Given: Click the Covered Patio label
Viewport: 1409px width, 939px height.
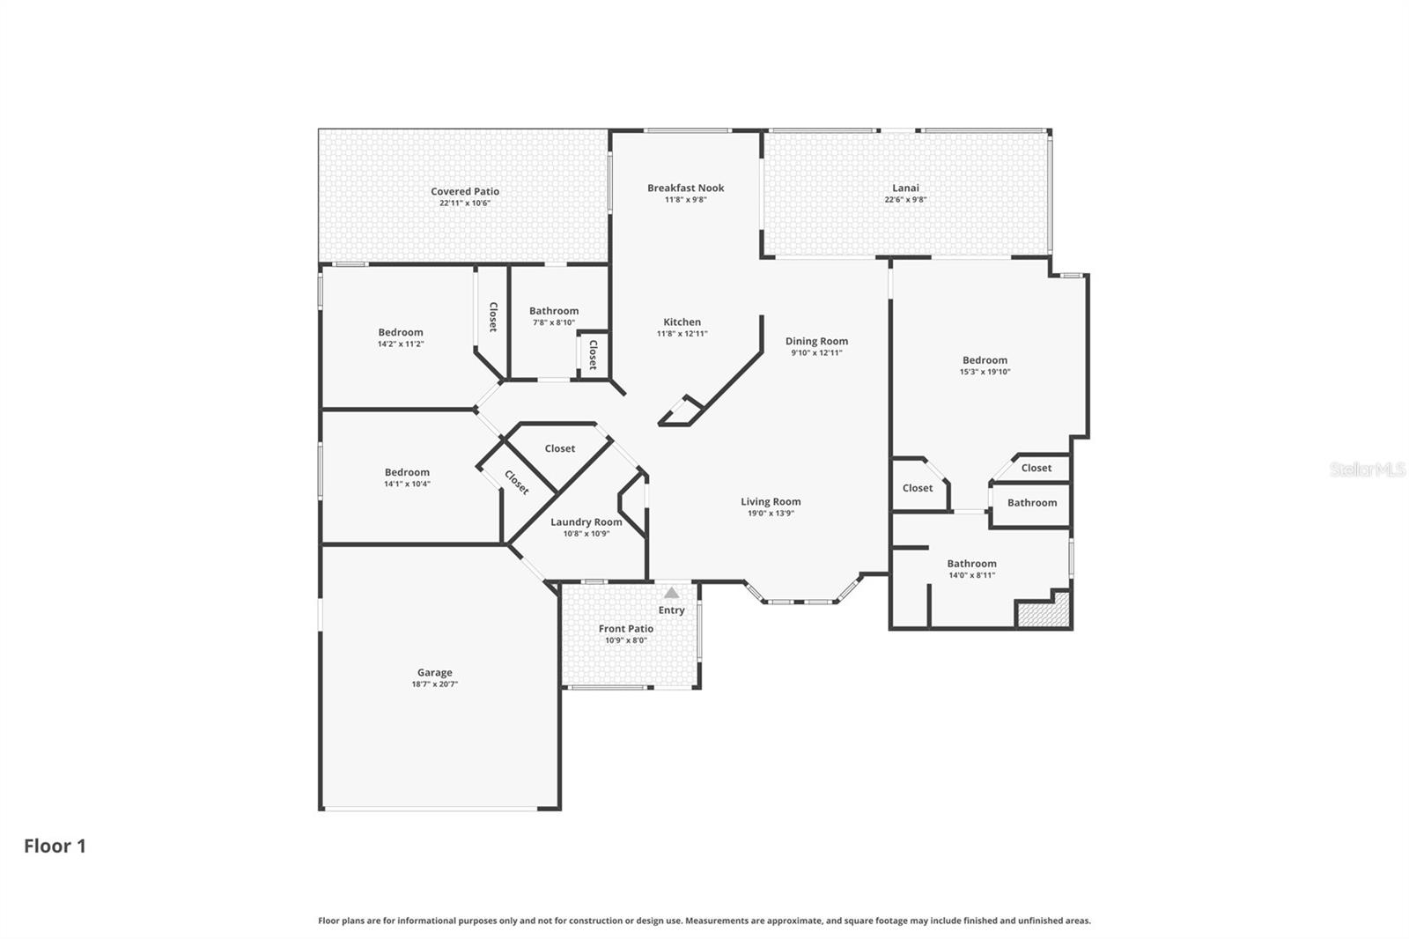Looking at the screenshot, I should click(x=464, y=191).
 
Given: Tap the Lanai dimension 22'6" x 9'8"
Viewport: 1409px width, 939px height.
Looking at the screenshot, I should click(x=905, y=200).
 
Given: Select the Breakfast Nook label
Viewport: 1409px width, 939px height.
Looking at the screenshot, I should click(x=685, y=188).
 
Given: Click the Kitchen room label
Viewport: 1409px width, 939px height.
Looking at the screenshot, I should click(x=682, y=322).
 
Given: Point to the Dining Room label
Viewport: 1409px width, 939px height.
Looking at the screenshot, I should click(x=816, y=341).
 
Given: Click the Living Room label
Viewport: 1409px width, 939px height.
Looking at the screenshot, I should click(x=771, y=501).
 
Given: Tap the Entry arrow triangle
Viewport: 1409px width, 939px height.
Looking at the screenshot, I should click(x=672, y=593).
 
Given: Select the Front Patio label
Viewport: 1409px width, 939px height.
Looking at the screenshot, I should click(x=625, y=629).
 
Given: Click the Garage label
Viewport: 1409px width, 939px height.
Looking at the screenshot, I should click(x=434, y=672).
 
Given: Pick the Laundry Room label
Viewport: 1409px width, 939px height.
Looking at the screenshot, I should click(x=586, y=521).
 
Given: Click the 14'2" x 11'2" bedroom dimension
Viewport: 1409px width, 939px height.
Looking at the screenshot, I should click(x=401, y=344).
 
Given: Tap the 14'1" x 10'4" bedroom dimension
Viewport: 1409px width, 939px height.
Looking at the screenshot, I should click(x=407, y=484).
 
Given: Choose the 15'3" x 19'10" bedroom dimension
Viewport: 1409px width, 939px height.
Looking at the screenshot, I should click(x=985, y=372).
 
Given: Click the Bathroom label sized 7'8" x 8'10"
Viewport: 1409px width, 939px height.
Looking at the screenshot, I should click(x=553, y=311).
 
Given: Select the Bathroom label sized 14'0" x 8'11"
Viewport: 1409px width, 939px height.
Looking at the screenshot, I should click(x=971, y=564).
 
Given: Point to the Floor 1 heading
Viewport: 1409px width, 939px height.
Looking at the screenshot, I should click(x=55, y=846).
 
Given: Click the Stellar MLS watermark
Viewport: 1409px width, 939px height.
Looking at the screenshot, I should click(x=1367, y=469).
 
